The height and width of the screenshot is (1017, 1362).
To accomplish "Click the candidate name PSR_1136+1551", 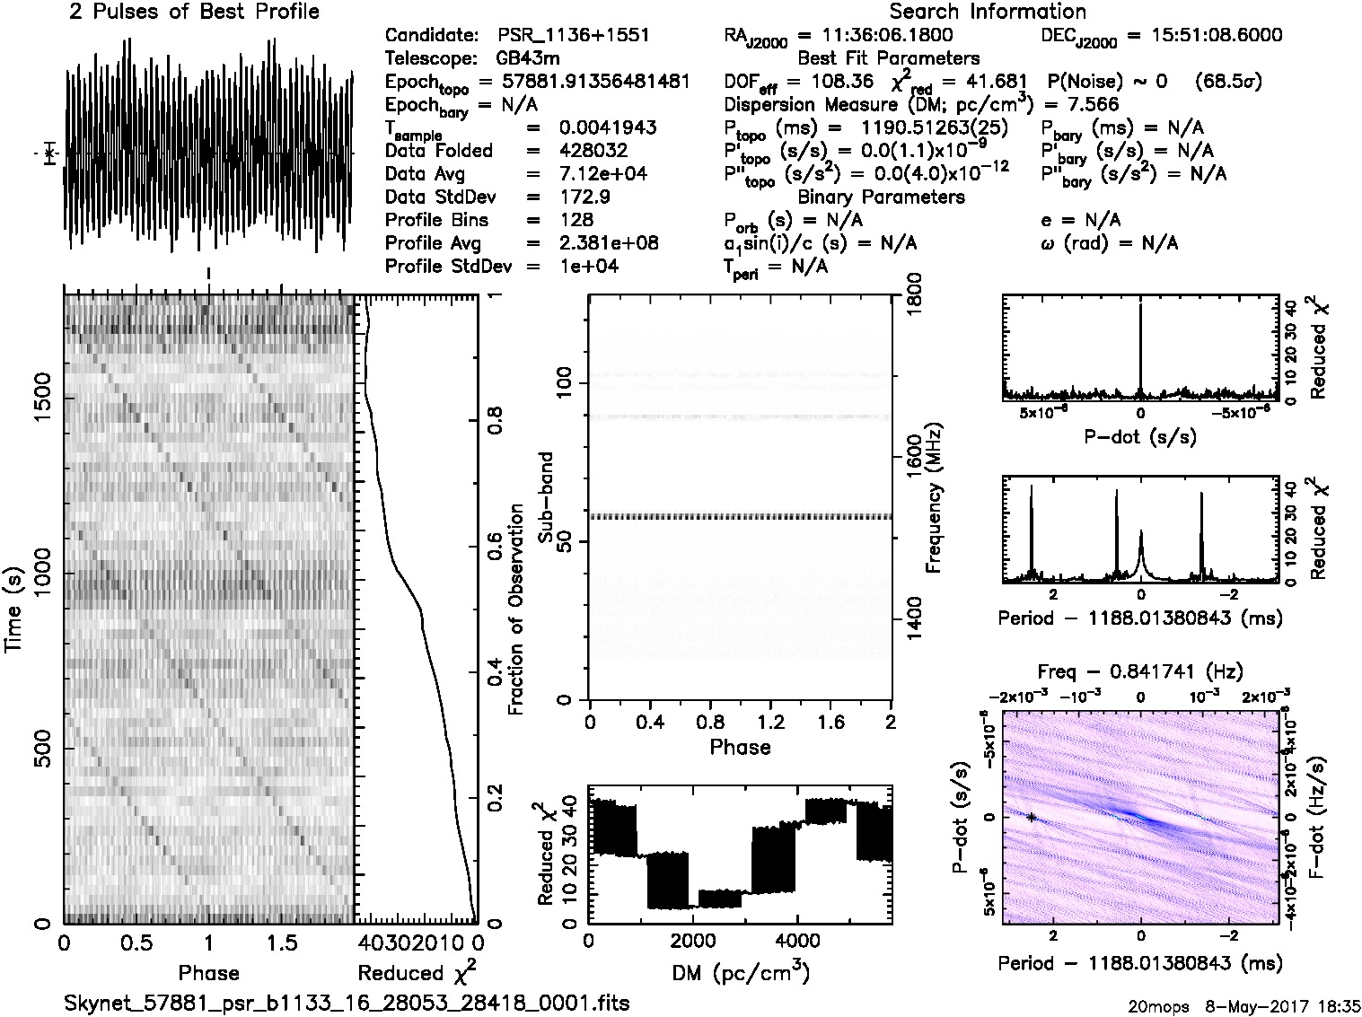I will click(573, 36).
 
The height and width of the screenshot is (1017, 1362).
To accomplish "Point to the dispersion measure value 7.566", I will click(1086, 105).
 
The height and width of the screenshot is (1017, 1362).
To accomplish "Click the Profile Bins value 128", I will click(575, 220).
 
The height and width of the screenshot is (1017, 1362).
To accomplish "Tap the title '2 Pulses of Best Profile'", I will click(194, 13).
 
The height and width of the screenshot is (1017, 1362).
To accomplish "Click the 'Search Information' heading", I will click(987, 13).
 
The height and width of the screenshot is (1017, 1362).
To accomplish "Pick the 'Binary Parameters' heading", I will click(881, 197).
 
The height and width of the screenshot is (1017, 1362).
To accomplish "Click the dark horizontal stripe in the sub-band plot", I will click(739, 517).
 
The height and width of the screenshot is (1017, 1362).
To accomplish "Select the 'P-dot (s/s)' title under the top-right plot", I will click(1139, 437).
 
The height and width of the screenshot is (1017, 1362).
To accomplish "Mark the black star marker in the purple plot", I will click(1032, 817).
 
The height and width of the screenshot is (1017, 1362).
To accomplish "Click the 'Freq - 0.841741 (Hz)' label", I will click(1139, 672).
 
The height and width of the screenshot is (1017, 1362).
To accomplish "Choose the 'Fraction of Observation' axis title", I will click(516, 609).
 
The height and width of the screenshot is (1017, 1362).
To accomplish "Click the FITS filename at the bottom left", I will click(347, 1003).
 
